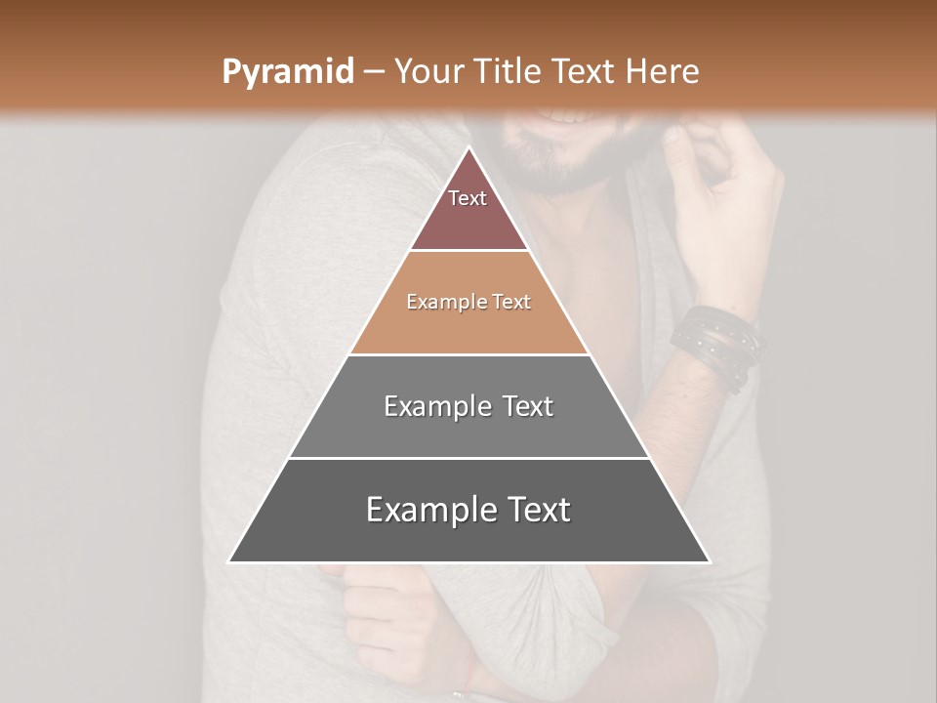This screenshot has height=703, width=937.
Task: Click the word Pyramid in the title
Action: pyautogui.click(x=288, y=72)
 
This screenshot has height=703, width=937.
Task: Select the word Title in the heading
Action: pyautogui.click(x=509, y=72)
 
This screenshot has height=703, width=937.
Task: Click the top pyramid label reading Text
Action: pyautogui.click(x=468, y=198)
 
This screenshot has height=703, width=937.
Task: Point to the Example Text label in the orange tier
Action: pyautogui.click(x=468, y=302)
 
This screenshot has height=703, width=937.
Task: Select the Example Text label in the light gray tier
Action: pyautogui.click(x=468, y=406)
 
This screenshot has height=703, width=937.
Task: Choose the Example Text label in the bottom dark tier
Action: pyautogui.click(x=468, y=510)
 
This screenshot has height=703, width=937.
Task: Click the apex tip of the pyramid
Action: pyautogui.click(x=469, y=148)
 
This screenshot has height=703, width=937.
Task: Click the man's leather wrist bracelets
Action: pyautogui.click(x=716, y=342)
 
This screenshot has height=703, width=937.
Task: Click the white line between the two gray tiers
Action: pyautogui.click(x=468, y=458)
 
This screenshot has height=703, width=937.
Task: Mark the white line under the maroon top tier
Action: pyautogui.click(x=468, y=251)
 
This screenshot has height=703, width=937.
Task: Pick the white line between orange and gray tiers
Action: pyautogui.click(x=468, y=354)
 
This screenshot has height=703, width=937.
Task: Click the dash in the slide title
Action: pyautogui.click(x=374, y=72)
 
